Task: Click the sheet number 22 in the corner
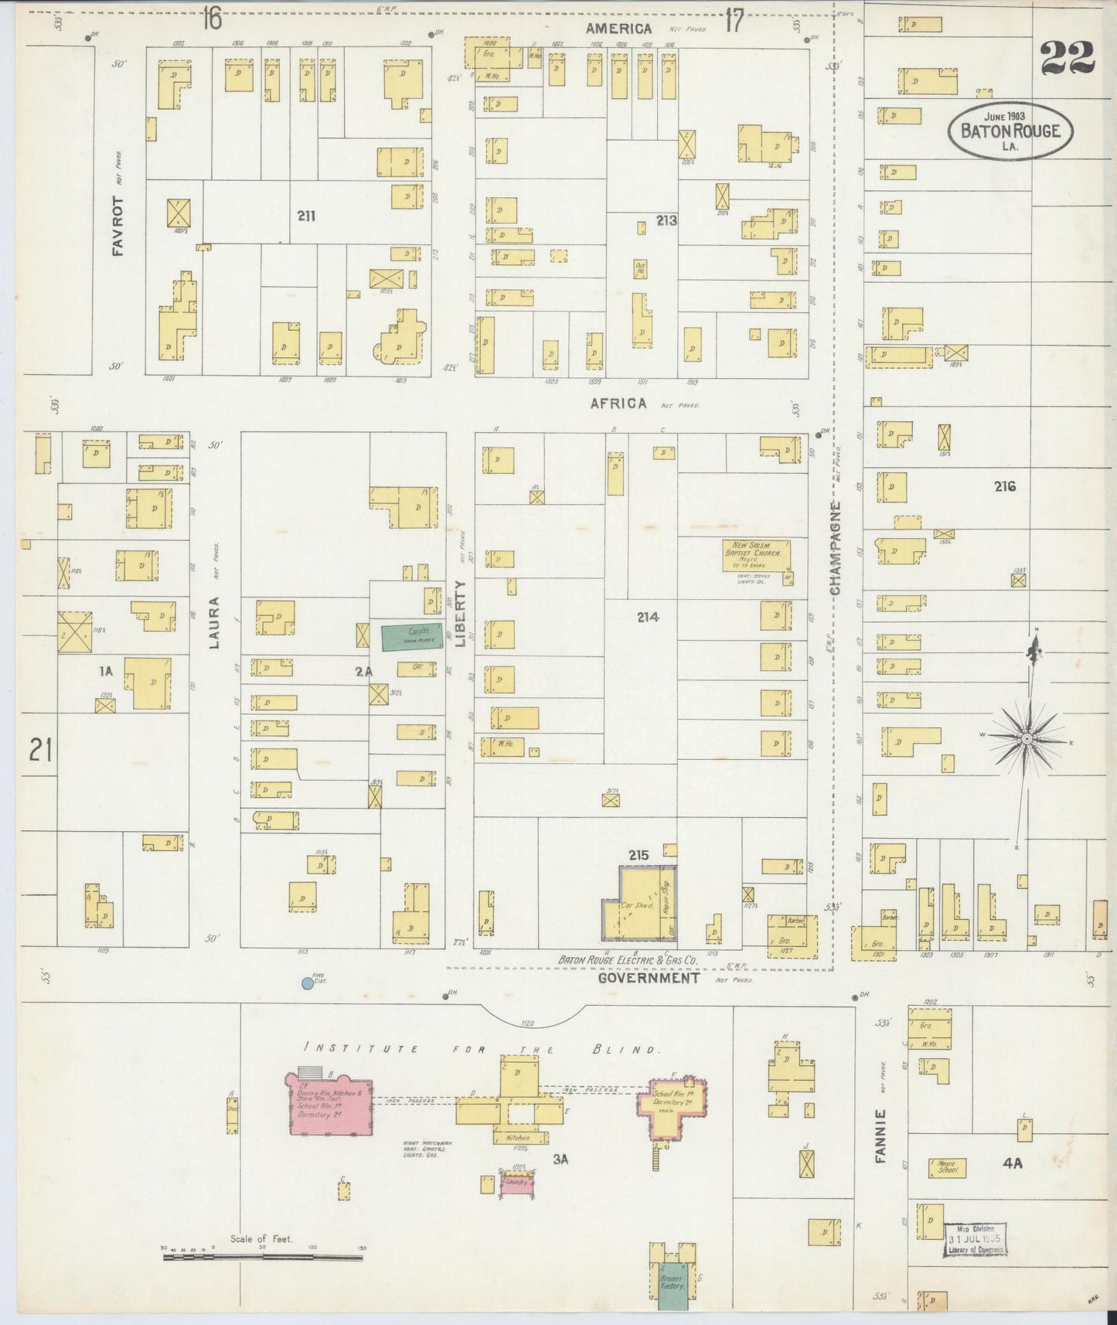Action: [x=1067, y=59]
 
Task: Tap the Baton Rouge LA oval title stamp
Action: [x=1010, y=131]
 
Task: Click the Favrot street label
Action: [x=117, y=226]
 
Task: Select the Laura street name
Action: [x=215, y=622]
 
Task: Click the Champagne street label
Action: [x=835, y=548]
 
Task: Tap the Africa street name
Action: [x=618, y=404]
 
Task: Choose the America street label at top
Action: [x=618, y=29]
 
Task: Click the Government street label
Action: [x=649, y=978]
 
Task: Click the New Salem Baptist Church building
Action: [x=757, y=555]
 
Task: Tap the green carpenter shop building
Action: [x=412, y=636]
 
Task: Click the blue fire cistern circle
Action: [x=307, y=983]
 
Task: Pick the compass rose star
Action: [x=1026, y=740]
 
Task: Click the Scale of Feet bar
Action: [x=262, y=1258]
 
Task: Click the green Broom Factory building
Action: [x=672, y=1286]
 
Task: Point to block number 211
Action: [x=306, y=216]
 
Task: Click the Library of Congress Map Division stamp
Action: [x=974, y=1240]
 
